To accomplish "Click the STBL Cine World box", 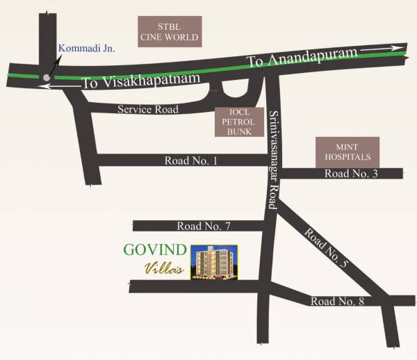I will [x=169, y=31].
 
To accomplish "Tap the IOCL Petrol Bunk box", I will [x=238, y=122].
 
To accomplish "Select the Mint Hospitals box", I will [x=348, y=152].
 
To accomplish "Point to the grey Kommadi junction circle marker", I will [x=47, y=79].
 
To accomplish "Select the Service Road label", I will [x=147, y=109].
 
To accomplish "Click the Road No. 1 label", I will [x=191, y=161].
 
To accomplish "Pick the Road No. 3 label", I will [x=351, y=173].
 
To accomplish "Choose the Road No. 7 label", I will [x=204, y=226].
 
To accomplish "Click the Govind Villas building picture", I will [x=213, y=262].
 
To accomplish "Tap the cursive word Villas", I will [x=163, y=270].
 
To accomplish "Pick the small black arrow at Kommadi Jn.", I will [x=54, y=65].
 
